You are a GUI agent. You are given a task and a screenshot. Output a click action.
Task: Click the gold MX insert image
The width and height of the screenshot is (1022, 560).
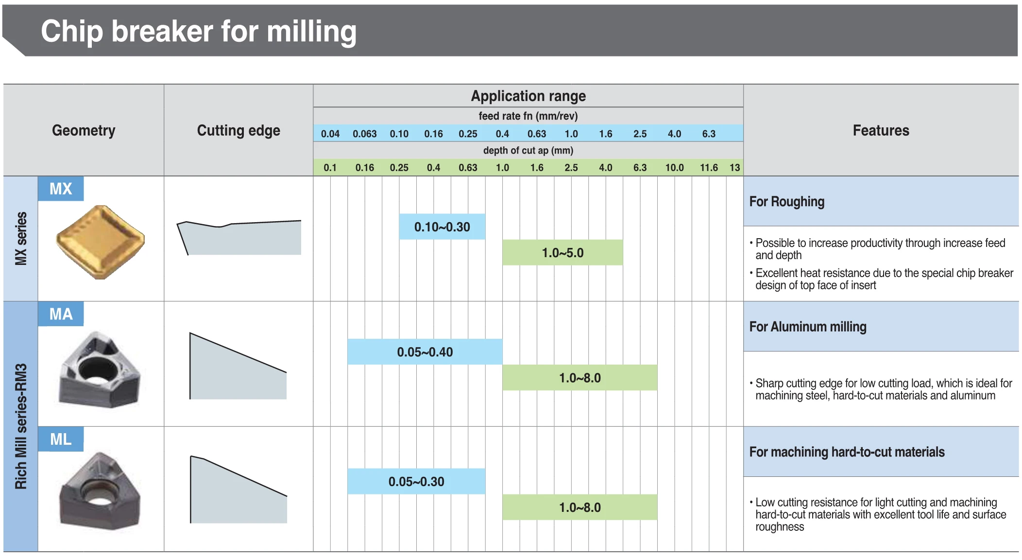[101, 242]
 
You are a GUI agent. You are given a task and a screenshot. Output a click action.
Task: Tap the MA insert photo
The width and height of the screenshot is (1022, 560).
[100, 369]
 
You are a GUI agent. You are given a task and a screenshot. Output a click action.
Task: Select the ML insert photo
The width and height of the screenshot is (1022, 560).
[100, 490]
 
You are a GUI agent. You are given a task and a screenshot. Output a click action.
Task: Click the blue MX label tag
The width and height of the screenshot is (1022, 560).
[61, 189]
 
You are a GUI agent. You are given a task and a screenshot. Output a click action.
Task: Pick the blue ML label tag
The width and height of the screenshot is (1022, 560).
[61, 439]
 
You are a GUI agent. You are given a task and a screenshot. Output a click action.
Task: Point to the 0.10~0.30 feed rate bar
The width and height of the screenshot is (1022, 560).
[442, 227]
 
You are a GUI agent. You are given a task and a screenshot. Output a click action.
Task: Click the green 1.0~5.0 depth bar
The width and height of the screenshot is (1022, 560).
[562, 252]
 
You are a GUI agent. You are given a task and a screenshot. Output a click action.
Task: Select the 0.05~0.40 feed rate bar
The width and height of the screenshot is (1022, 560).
[425, 351]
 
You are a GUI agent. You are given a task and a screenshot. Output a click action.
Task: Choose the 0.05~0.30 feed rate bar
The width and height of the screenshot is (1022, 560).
[416, 481]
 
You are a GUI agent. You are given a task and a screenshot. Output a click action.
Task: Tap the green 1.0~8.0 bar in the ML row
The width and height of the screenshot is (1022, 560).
[580, 507]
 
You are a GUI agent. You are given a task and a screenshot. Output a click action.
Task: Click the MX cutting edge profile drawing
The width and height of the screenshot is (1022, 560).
[238, 238]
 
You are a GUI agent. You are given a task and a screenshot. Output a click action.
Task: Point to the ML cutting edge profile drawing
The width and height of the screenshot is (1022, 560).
[238, 490]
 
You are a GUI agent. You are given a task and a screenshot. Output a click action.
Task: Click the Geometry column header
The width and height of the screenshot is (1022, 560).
[84, 130]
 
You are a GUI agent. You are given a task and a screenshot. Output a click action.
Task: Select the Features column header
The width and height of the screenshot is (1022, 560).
[881, 130]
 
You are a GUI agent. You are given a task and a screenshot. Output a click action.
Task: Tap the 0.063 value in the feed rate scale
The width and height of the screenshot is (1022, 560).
[365, 134]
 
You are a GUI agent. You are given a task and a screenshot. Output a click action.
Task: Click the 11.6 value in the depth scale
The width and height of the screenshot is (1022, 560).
[709, 168]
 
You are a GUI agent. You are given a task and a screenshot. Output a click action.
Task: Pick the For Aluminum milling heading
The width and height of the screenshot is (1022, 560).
[808, 327]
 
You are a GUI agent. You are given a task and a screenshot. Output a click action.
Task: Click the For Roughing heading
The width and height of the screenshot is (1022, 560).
[787, 202]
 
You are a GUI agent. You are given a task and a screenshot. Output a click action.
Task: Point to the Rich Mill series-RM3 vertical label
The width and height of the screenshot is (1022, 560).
[21, 426]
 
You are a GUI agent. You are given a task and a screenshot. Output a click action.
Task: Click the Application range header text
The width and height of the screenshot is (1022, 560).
[528, 96]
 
